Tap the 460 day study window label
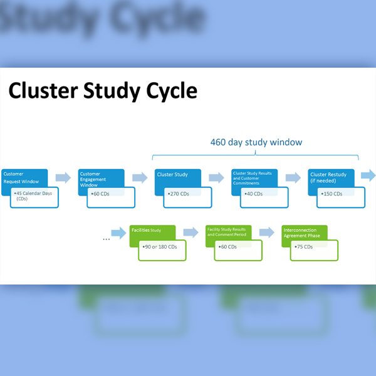click(x=256, y=142)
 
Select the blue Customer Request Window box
click(x=23, y=176)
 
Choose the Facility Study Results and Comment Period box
click(x=228, y=232)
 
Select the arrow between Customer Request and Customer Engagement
click(x=63, y=178)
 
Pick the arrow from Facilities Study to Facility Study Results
click(x=191, y=233)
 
